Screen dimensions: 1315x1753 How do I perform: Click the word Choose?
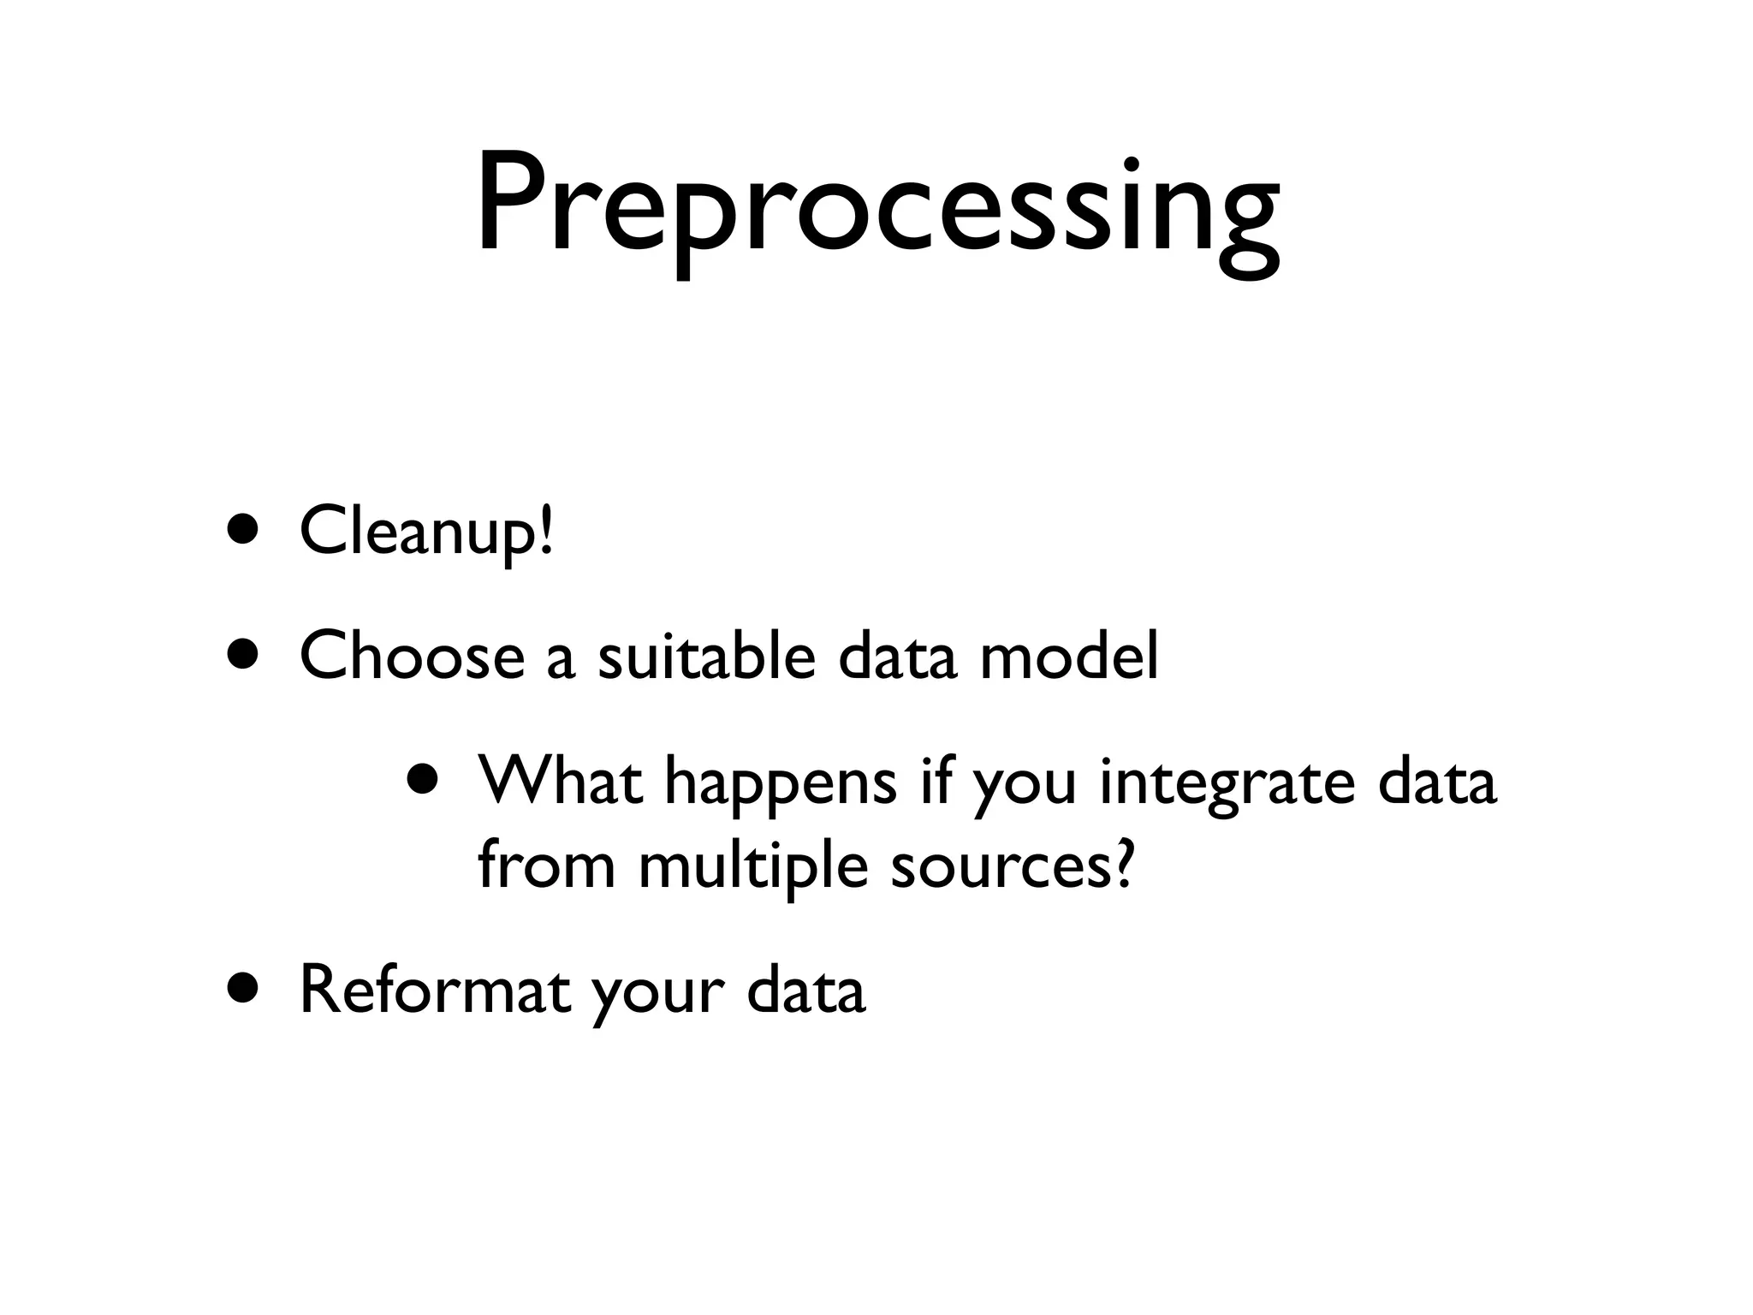(x=412, y=656)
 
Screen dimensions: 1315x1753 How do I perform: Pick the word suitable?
(x=706, y=656)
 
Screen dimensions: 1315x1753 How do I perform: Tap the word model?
(x=1069, y=656)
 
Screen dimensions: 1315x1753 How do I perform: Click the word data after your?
(x=805, y=990)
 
